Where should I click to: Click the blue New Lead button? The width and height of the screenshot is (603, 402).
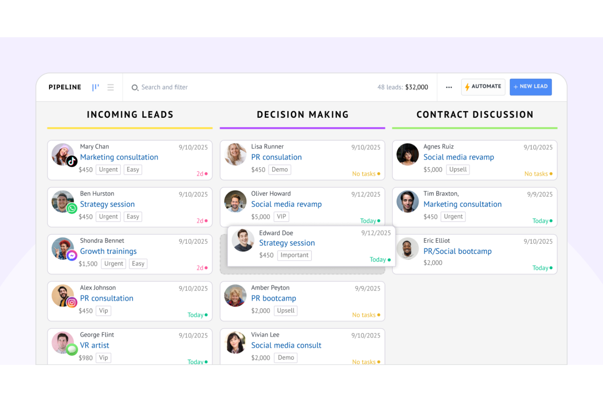click(x=530, y=87)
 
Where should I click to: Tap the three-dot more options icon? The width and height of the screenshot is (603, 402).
click(x=449, y=87)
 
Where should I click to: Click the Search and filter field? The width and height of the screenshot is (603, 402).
click(x=164, y=87)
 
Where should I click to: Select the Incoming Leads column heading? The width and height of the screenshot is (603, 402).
click(x=130, y=115)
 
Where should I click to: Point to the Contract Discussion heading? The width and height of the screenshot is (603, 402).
click(x=475, y=115)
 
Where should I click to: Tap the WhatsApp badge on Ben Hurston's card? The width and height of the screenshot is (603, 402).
click(x=72, y=209)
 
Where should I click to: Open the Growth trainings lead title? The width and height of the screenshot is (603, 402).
click(x=108, y=251)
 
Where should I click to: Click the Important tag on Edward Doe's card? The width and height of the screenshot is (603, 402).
click(x=294, y=255)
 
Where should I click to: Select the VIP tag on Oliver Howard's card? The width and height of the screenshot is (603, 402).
click(x=282, y=217)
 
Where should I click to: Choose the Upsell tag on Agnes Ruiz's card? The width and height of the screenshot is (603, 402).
click(x=458, y=169)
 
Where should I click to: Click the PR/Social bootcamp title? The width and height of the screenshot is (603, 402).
click(x=457, y=251)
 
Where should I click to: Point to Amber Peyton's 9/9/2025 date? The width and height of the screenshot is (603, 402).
click(x=367, y=288)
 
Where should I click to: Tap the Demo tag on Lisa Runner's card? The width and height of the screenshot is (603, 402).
click(x=279, y=169)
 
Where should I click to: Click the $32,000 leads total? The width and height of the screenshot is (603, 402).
click(x=416, y=87)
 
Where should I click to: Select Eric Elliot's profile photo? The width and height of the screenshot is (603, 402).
click(x=407, y=248)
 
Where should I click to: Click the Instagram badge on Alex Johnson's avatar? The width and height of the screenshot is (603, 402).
click(x=72, y=303)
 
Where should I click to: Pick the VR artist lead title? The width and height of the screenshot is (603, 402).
click(x=95, y=345)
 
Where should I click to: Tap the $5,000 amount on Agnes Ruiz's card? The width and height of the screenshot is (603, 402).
click(x=433, y=169)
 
